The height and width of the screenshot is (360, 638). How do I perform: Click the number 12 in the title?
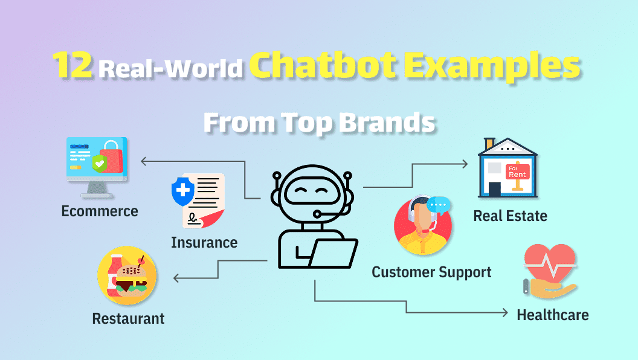[x=71, y=66]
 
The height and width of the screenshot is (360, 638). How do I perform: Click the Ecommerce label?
[x=100, y=211]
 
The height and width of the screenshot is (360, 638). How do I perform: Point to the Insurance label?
[x=204, y=243]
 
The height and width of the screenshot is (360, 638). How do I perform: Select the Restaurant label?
[x=128, y=318]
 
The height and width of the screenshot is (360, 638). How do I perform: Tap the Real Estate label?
[x=510, y=216]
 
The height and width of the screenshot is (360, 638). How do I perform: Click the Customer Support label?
[x=431, y=272]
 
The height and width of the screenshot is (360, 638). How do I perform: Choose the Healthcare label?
[x=552, y=315]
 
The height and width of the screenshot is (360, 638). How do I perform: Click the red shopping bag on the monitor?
[x=112, y=155]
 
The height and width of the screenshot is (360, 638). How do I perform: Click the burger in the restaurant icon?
[x=131, y=278]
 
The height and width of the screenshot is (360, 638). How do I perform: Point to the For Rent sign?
[x=517, y=171]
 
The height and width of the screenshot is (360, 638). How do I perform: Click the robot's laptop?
[x=334, y=254]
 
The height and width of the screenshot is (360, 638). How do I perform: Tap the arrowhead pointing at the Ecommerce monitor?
[x=144, y=161]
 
